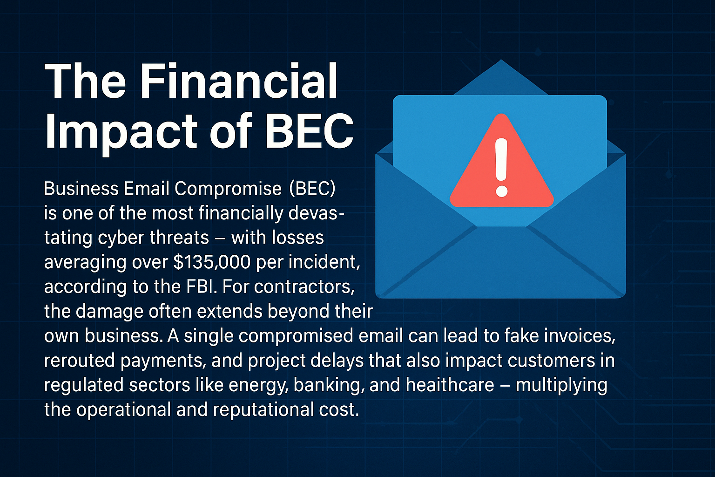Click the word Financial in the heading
pos(240,81)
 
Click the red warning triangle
pos(501,161)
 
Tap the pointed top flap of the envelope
pos(501,77)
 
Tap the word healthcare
pos(450,385)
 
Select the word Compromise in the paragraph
pos(228,189)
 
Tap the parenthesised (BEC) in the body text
pos(312,189)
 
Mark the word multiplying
pos(561,385)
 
